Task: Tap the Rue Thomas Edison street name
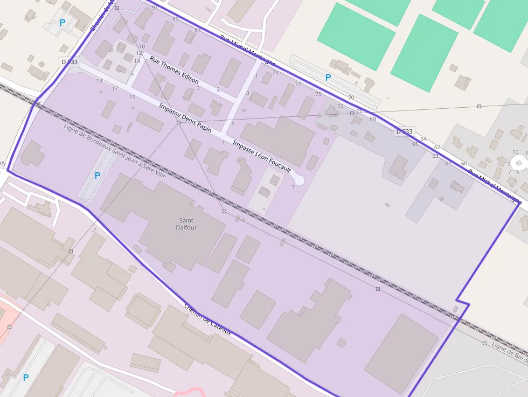pos(174,70)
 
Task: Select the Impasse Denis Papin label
pos(185,118)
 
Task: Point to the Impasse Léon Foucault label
pos(261,156)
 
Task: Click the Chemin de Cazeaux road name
pos(207,318)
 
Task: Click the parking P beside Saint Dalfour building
pos(98,176)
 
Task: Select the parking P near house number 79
pos(328,78)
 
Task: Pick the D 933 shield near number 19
pos(70,62)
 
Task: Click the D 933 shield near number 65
pos(404,131)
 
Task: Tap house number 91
pos(155,8)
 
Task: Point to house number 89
pos(175,19)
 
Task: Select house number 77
pos(298,84)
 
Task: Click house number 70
pos(351,97)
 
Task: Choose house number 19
pos(99,81)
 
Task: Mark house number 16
pos(130,73)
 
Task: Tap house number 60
pos(464,163)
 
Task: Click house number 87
pos(198,30)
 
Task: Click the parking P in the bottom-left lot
pos(25,378)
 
